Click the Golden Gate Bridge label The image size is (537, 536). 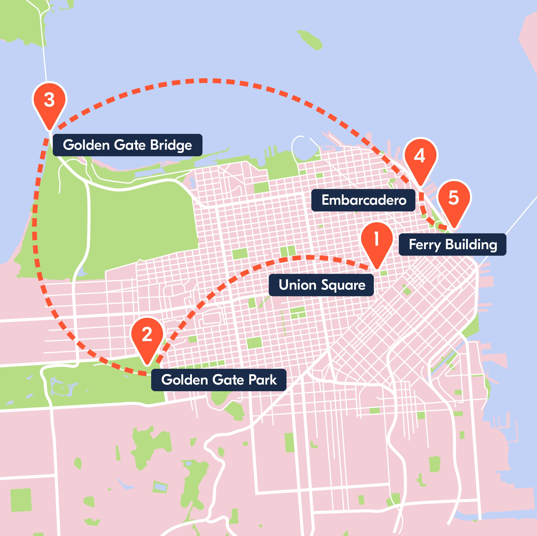tap(127, 145)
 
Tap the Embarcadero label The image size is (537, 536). tap(363, 200)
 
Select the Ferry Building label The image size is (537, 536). tap(452, 245)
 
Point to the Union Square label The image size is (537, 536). tap(321, 285)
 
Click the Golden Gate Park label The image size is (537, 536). tap(219, 380)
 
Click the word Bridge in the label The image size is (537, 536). tap(171, 145)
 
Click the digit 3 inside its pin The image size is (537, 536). tap(50, 100)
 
